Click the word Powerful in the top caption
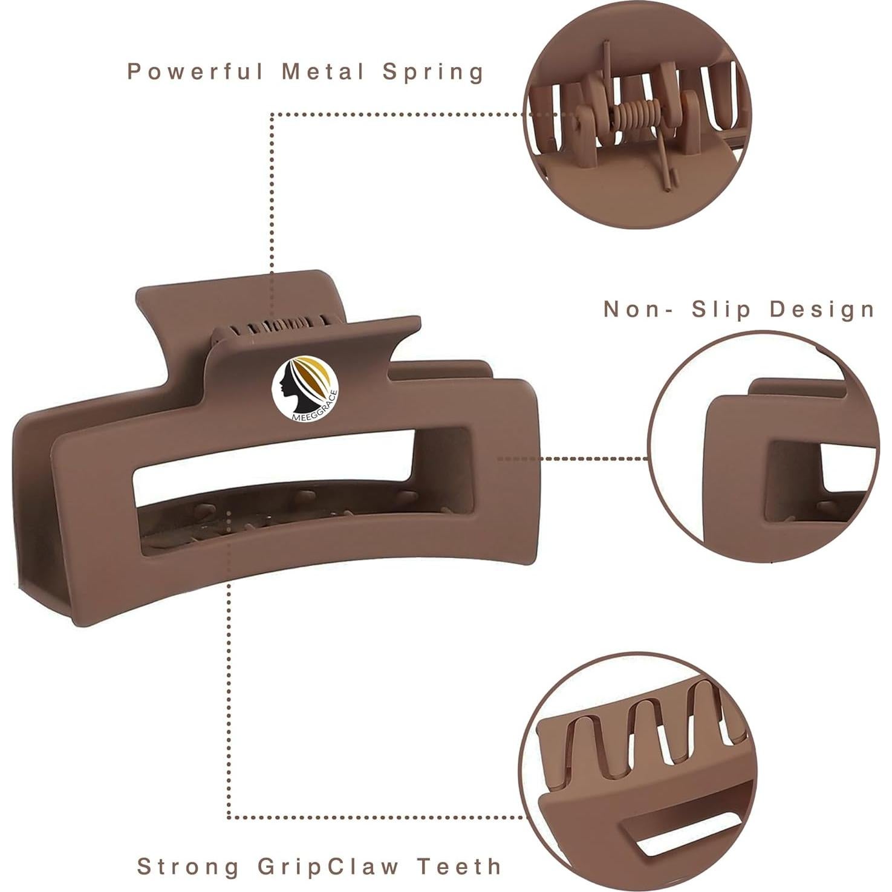[195, 72]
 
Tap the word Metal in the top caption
[324, 71]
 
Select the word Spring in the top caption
[433, 72]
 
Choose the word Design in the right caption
[822, 309]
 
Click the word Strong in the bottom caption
[188, 867]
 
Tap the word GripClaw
[328, 867]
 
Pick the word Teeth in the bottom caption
[460, 867]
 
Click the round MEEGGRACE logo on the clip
[305, 388]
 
